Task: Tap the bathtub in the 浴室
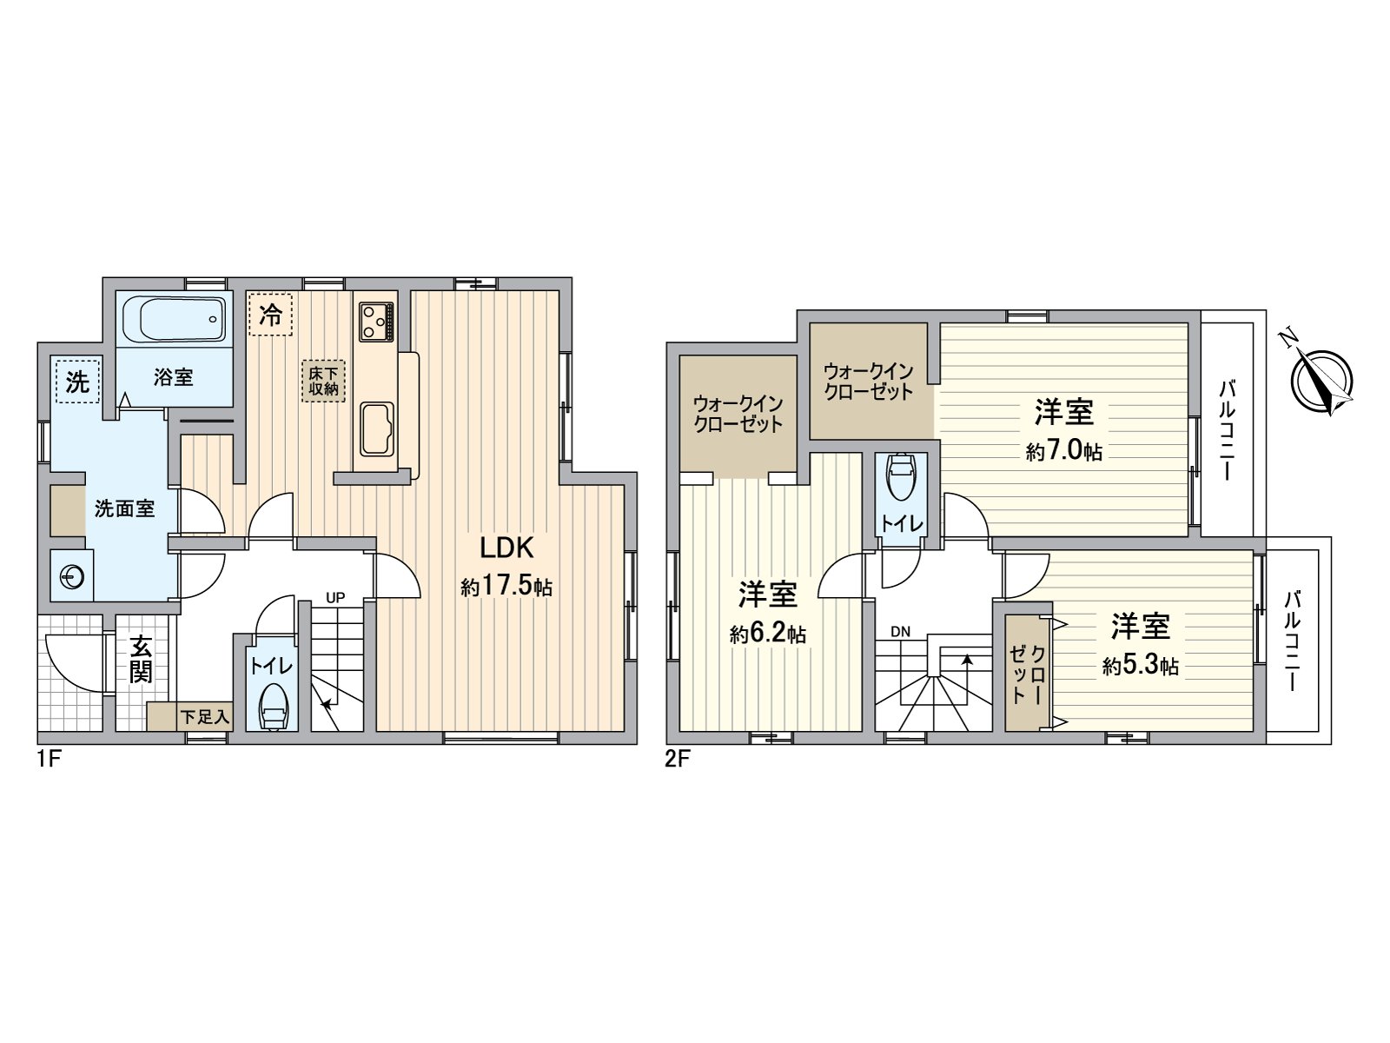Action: pyautogui.click(x=173, y=319)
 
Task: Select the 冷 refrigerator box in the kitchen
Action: pyautogui.click(x=271, y=314)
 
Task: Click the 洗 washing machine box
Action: pyautogui.click(x=78, y=382)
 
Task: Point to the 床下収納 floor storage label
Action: pyautogui.click(x=323, y=381)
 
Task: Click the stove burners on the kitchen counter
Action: pyautogui.click(x=376, y=321)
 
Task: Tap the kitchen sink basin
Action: pyautogui.click(x=376, y=428)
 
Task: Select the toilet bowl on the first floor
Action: pyautogui.click(x=274, y=709)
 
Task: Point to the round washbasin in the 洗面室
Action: pyautogui.click(x=71, y=575)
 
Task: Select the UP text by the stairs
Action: pyautogui.click(x=335, y=597)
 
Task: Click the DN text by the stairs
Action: pyautogui.click(x=900, y=632)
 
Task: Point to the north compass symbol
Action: pyautogui.click(x=1321, y=381)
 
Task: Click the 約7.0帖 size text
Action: pyautogui.click(x=1063, y=452)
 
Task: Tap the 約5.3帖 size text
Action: pyautogui.click(x=1140, y=667)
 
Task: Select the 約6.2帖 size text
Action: pyautogui.click(x=768, y=634)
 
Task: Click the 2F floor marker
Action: pyautogui.click(x=677, y=759)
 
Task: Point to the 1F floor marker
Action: pyautogui.click(x=48, y=759)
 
